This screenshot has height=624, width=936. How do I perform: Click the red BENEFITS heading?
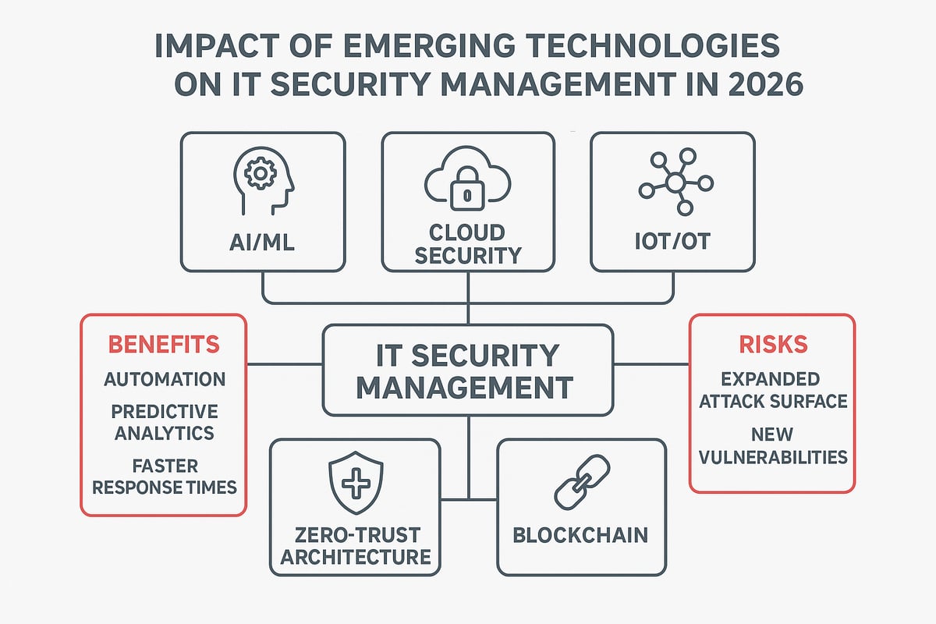[x=163, y=344]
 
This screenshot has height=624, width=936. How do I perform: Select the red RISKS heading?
[x=771, y=345]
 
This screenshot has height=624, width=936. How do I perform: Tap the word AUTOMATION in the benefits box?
[x=165, y=379]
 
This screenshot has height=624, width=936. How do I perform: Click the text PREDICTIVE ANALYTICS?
[x=164, y=422]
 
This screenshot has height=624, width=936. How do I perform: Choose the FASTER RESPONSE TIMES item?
[x=164, y=476]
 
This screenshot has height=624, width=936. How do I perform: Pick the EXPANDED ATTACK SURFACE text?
[x=771, y=390]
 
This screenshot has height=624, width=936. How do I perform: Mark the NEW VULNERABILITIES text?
[x=771, y=445]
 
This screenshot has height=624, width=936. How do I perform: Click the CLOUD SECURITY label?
[x=467, y=244]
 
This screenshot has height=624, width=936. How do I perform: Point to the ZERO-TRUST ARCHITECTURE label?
[x=356, y=546]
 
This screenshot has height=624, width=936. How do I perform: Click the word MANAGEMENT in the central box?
[x=467, y=385]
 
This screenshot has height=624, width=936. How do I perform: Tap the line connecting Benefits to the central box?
[x=285, y=363]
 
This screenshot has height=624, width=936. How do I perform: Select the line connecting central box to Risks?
[x=652, y=363]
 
